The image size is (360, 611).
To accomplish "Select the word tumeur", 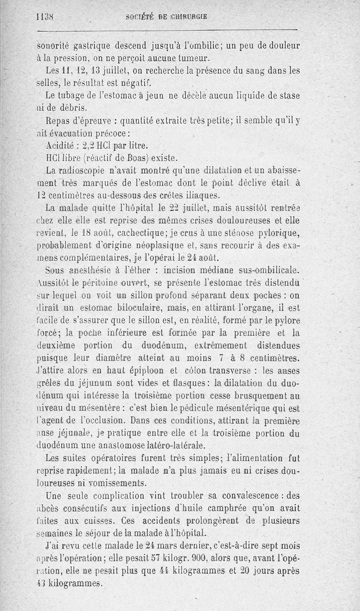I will [194, 58].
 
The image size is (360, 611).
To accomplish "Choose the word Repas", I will [58, 121].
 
